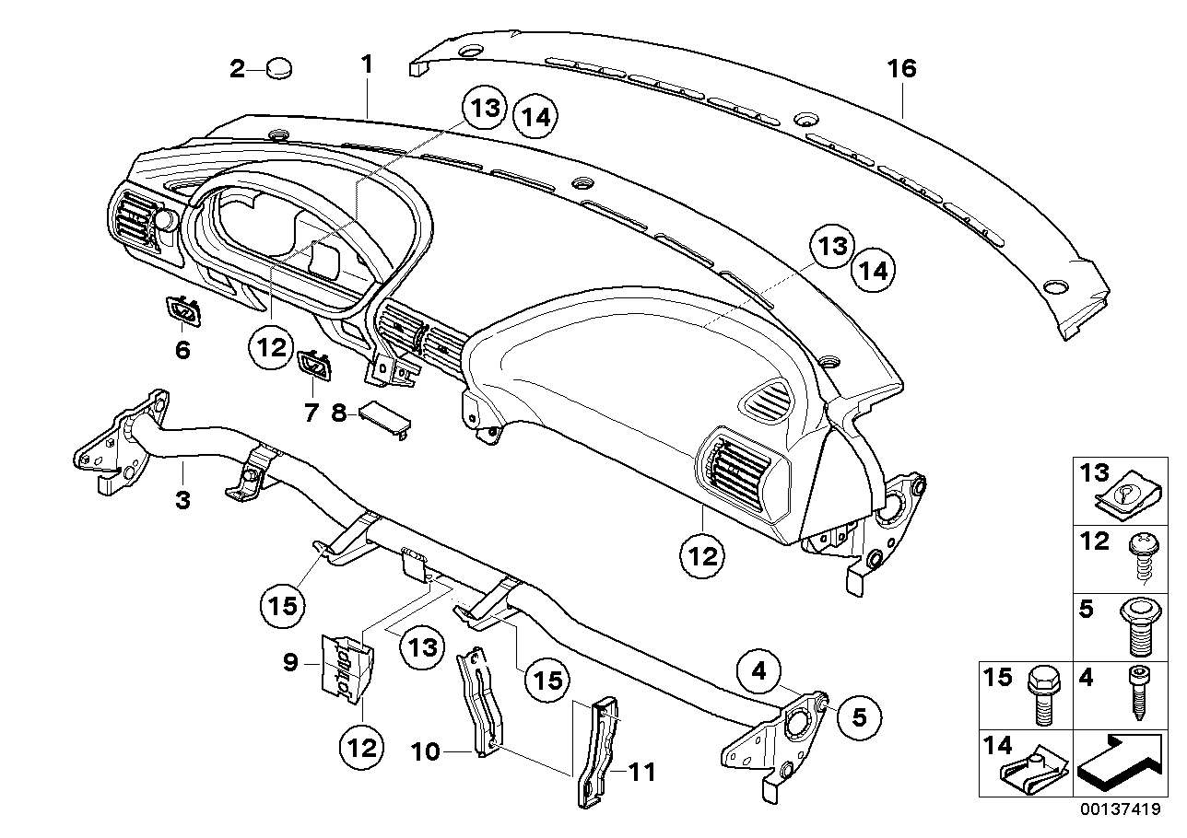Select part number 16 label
[x=902, y=69]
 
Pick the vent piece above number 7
[x=315, y=365]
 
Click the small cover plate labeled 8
[x=382, y=416]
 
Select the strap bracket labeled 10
[x=483, y=702]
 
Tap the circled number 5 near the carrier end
[x=859, y=716]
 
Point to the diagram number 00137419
[x=1119, y=811]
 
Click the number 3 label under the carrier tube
[x=182, y=500]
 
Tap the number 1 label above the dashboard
[x=367, y=64]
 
